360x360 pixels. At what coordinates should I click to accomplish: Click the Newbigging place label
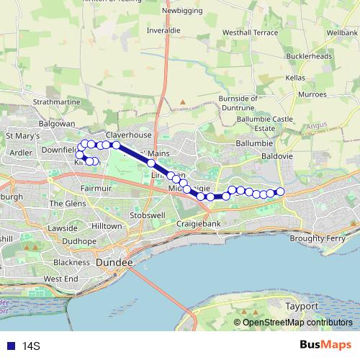coord(184,11)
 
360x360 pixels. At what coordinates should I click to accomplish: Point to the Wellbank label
coord(341,33)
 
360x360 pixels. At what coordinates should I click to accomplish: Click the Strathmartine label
coord(58,102)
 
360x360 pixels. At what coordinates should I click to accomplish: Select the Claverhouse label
coord(129,135)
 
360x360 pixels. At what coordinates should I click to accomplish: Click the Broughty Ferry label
coord(318,238)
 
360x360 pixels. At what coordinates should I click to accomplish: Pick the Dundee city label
coord(114,264)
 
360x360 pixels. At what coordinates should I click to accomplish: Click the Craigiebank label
coord(198,224)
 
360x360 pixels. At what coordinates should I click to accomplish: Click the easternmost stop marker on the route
coord(281,191)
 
